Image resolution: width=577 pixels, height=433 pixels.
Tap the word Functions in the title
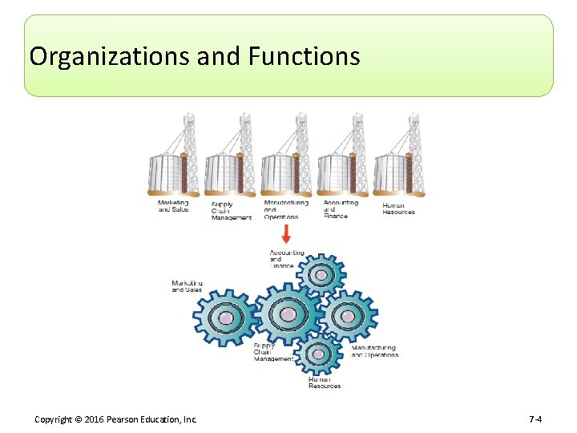click(305, 57)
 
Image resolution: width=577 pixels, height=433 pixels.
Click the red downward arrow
click(286, 234)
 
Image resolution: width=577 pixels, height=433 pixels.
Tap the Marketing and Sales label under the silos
click(173, 206)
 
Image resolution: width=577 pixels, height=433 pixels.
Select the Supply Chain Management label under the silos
click(231, 211)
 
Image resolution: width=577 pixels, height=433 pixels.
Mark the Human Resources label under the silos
click(398, 208)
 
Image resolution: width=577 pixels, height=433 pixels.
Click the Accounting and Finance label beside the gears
click(286, 259)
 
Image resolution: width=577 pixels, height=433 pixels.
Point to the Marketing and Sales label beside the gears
click(187, 286)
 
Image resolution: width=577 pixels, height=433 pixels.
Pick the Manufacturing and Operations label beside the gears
click(374, 351)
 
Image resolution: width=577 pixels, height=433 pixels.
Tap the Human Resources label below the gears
click(324, 382)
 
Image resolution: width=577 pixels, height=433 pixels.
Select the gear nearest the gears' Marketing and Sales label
click(226, 318)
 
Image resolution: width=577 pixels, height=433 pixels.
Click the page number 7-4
click(535, 419)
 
